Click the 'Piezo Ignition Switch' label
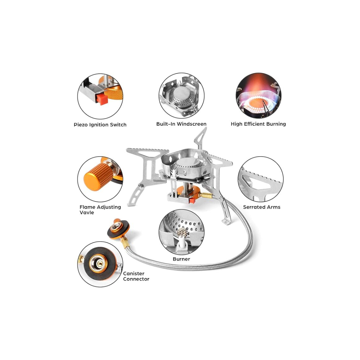pos(100,125)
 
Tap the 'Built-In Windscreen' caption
pos(181,124)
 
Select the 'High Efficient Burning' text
pos(258,124)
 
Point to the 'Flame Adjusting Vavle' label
pos(100,210)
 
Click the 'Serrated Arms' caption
pos(262,207)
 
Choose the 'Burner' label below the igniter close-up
pos(181,259)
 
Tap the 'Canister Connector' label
pos(136,276)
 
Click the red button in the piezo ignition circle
pos(102,99)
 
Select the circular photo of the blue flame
pos(259,96)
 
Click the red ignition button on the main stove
pos(192,201)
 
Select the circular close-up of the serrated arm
pos(261,179)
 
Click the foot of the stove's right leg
pos(226,221)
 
